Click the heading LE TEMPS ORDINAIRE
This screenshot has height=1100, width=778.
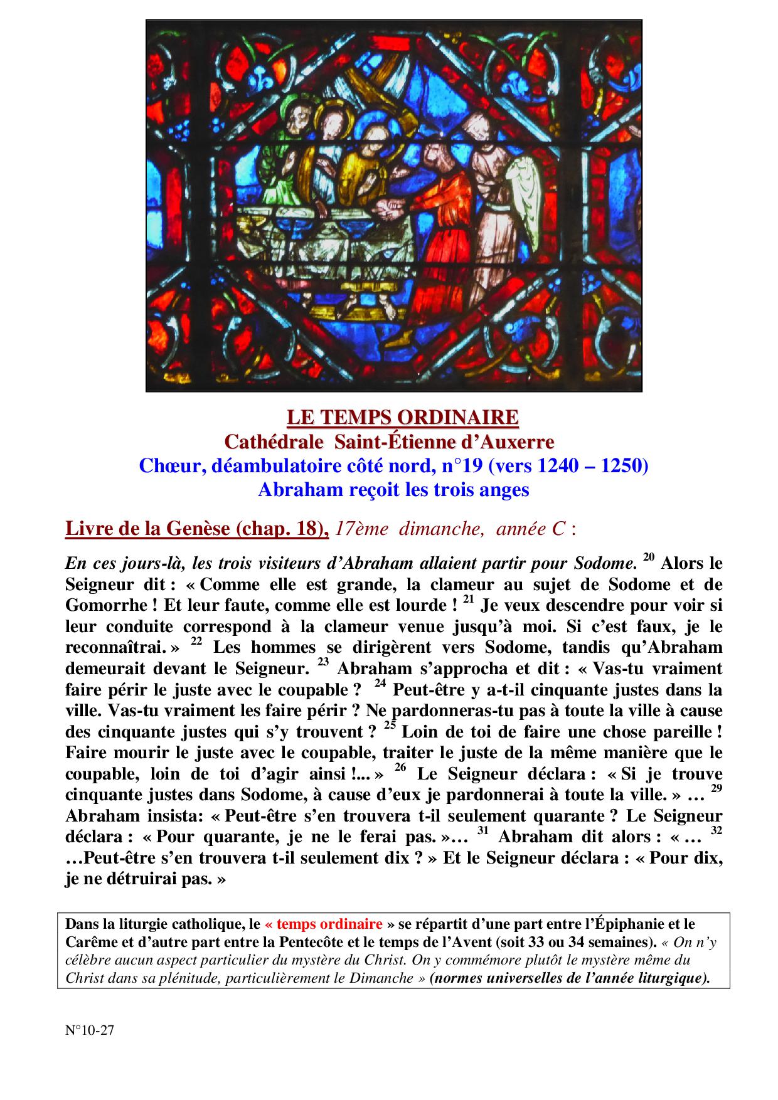coord(402,418)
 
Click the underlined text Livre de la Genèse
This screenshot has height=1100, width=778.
coord(150,529)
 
